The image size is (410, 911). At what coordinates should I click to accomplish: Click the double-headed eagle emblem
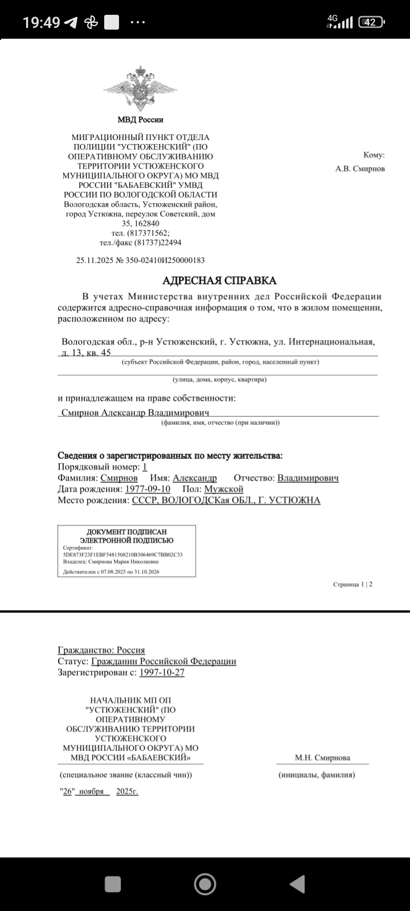(x=140, y=90)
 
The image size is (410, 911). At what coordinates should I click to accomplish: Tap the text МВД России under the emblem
(x=140, y=120)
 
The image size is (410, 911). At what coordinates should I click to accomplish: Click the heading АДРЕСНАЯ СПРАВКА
(x=219, y=280)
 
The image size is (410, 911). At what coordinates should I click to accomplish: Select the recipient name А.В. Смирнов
(x=360, y=169)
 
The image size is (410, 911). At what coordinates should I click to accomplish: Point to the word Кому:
(x=374, y=155)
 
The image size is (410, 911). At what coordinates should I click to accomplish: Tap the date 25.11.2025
(x=95, y=260)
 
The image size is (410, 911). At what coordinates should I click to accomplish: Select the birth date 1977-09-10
(x=147, y=489)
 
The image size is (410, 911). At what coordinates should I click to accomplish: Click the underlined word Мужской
(x=224, y=489)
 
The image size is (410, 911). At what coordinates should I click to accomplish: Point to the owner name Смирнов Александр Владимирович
(x=136, y=412)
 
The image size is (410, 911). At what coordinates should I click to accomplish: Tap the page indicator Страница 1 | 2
(x=353, y=584)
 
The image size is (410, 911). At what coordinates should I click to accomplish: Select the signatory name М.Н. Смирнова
(x=322, y=758)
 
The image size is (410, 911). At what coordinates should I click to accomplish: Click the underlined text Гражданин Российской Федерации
(x=163, y=661)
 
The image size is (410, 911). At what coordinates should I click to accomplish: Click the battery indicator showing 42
(x=371, y=22)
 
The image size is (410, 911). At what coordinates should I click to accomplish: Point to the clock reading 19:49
(x=42, y=23)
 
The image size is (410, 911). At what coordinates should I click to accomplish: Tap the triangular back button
(x=297, y=884)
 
